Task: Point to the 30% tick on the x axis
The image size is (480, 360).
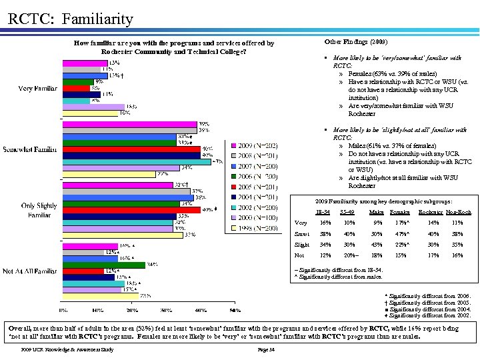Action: point(166,311)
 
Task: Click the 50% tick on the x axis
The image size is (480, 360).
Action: point(235,311)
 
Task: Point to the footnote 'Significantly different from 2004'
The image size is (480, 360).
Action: point(427,309)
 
